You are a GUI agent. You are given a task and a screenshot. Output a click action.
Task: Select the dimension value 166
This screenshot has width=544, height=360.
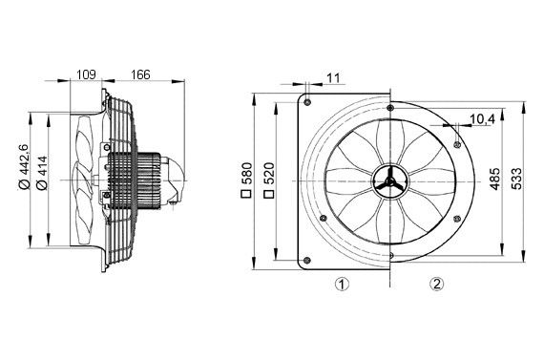[x=139, y=74]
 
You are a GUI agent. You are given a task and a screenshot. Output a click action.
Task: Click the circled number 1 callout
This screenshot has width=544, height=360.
[x=341, y=284]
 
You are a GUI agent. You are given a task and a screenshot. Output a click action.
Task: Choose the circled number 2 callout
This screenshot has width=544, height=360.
[x=436, y=284]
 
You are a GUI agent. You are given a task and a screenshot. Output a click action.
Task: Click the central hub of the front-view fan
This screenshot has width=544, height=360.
[x=390, y=180]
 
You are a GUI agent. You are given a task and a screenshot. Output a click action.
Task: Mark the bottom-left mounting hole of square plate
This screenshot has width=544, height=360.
[x=308, y=258]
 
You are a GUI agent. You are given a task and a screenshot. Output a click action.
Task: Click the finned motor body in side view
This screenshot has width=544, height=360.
[x=134, y=179]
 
